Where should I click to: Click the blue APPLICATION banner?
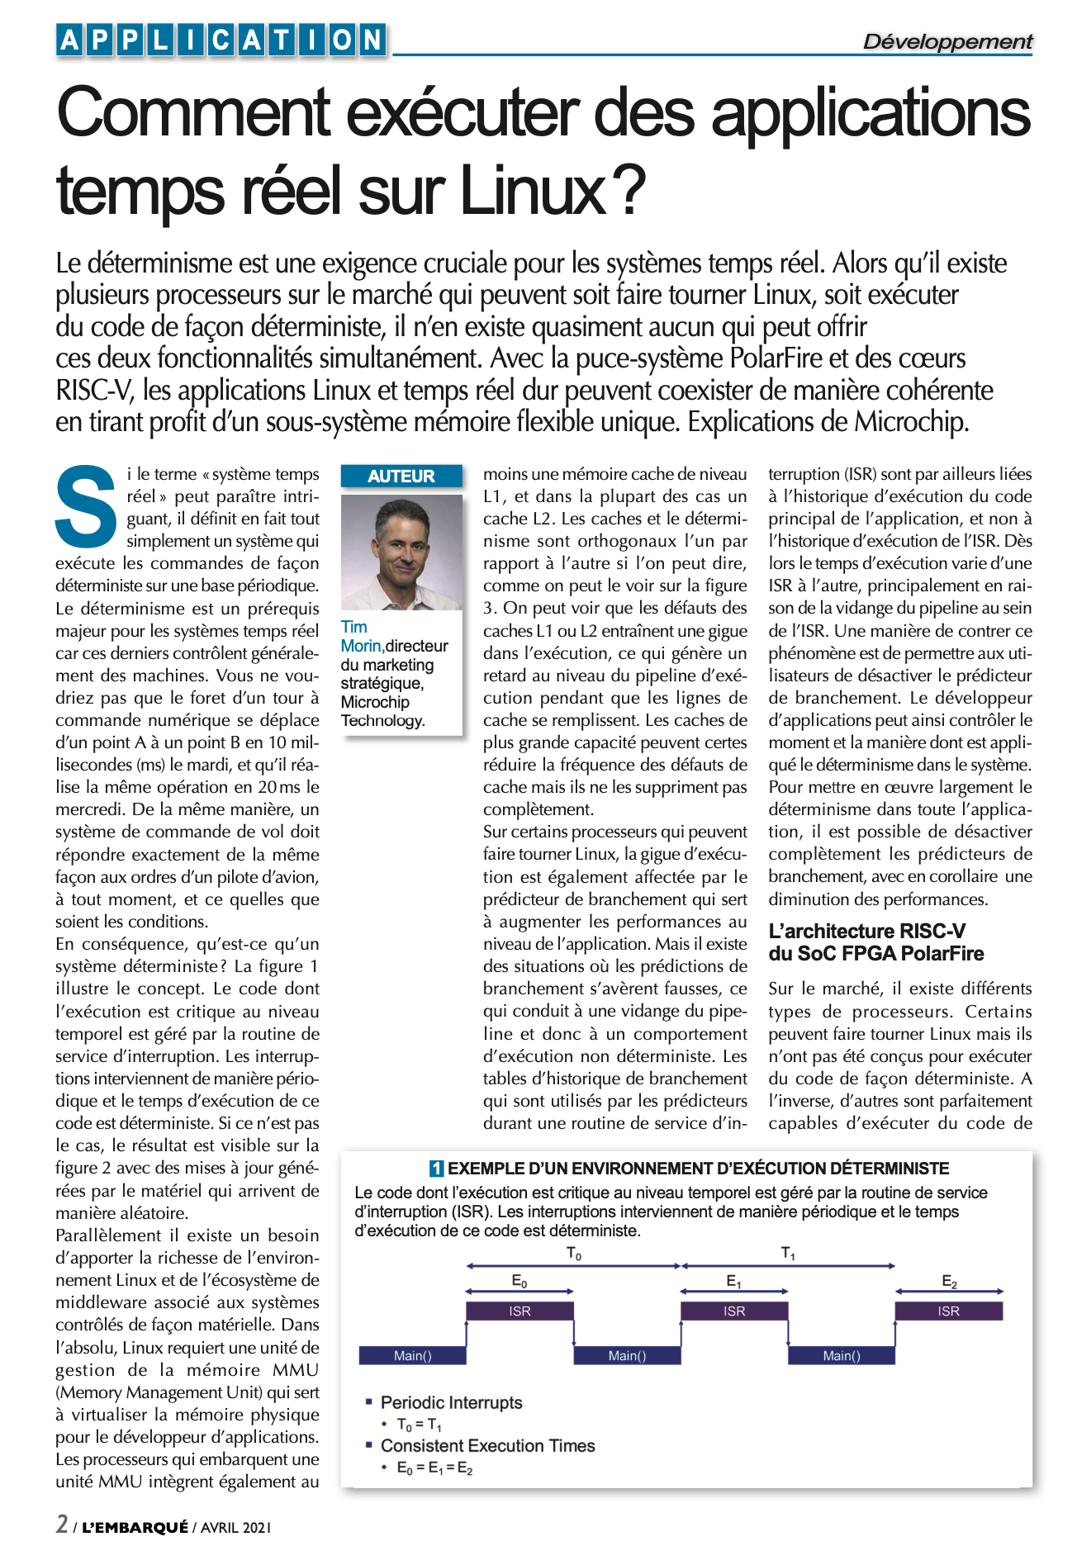[221, 40]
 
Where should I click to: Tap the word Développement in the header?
[947, 41]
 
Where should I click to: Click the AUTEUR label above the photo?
[401, 476]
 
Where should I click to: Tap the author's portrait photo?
[401, 552]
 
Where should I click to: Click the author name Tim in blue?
[354, 627]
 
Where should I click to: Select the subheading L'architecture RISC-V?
[866, 931]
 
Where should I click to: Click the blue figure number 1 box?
[437, 1169]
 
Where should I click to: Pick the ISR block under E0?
[520, 1311]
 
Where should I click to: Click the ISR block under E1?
[734, 1311]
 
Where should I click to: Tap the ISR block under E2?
[948, 1311]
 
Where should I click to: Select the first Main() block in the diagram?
[412, 1355]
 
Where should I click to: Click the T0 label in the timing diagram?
[573, 1254]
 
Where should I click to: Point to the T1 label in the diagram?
[788, 1254]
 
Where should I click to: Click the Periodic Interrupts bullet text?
[451, 1402]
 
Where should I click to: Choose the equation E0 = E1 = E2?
[434, 1468]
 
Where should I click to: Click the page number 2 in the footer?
[63, 1524]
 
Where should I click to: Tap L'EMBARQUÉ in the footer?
[135, 1527]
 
